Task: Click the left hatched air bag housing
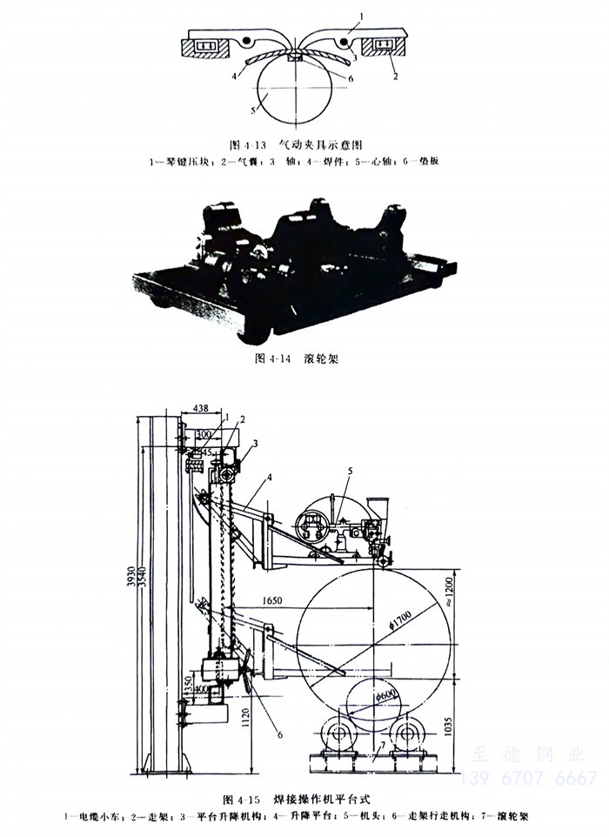pyautogui.click(x=206, y=45)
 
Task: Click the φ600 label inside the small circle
pyautogui.click(x=389, y=695)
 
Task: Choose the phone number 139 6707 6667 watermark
pyautogui.click(x=533, y=778)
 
